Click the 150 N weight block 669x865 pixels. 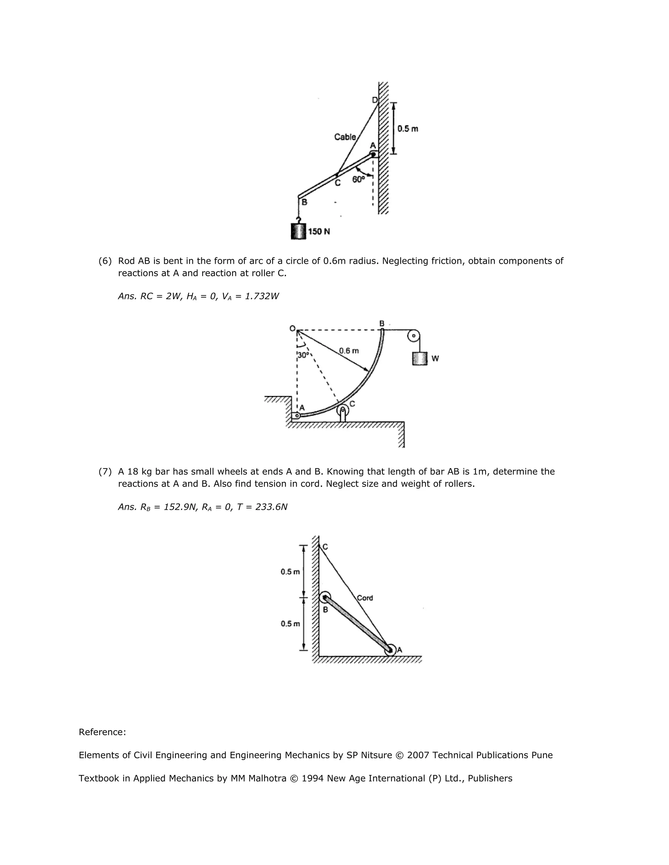(x=299, y=231)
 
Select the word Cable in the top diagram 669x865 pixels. (x=345, y=137)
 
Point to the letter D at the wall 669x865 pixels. (x=375, y=100)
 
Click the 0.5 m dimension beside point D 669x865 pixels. (x=407, y=129)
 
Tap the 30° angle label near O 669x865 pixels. (x=303, y=355)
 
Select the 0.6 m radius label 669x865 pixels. (x=349, y=351)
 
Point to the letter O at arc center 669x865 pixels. (x=292, y=328)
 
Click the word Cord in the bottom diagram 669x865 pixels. (x=365, y=598)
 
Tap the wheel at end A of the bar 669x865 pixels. (x=390, y=650)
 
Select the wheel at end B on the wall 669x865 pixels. (x=325, y=598)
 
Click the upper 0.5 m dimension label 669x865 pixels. (x=290, y=572)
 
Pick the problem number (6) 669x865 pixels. (x=105, y=261)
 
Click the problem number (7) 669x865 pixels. (x=105, y=471)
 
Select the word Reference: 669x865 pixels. (x=102, y=732)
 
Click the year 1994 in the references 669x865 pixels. (x=312, y=778)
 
